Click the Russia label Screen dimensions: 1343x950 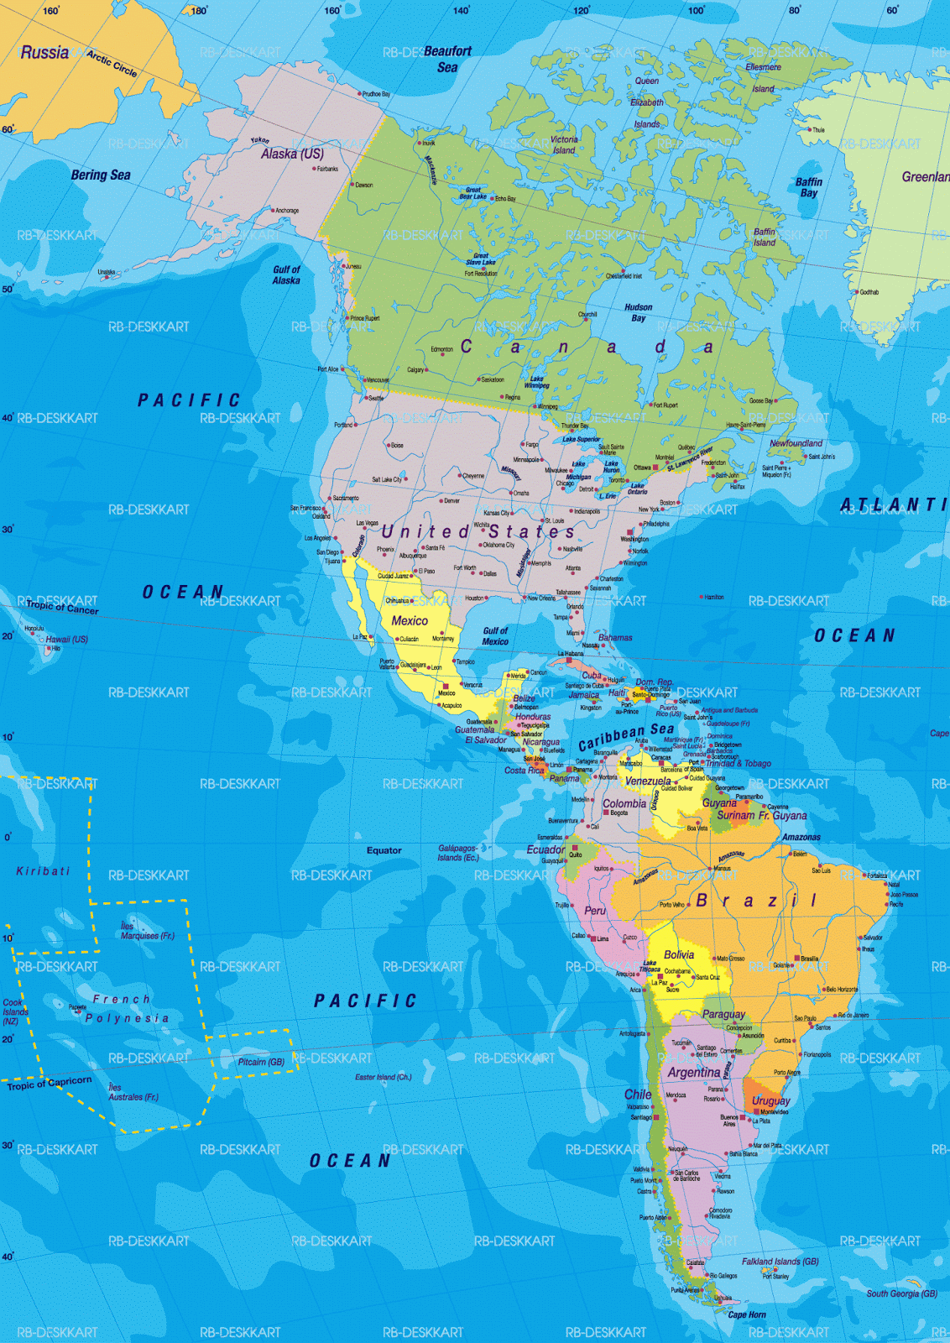(44, 53)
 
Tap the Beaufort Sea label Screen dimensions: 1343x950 (447, 59)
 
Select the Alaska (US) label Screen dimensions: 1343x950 (291, 154)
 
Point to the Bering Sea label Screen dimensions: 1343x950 (101, 175)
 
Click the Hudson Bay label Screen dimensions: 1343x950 (638, 312)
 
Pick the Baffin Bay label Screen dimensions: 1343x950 (809, 187)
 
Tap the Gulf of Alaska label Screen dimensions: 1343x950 (286, 275)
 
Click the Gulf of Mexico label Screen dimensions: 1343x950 (495, 635)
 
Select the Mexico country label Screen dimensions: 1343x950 (410, 620)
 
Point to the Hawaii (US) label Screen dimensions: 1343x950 (66, 640)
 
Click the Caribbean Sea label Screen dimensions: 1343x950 (626, 737)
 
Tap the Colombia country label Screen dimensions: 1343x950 (624, 803)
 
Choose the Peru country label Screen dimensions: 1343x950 (595, 911)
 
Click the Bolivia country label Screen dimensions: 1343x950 (679, 954)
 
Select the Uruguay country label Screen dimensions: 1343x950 (770, 1100)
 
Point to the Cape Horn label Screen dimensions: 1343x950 (747, 1314)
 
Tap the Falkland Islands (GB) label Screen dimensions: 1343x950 (780, 1261)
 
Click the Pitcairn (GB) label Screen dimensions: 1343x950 (261, 1062)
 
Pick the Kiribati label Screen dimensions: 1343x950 (43, 871)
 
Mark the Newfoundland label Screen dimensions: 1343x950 (796, 443)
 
